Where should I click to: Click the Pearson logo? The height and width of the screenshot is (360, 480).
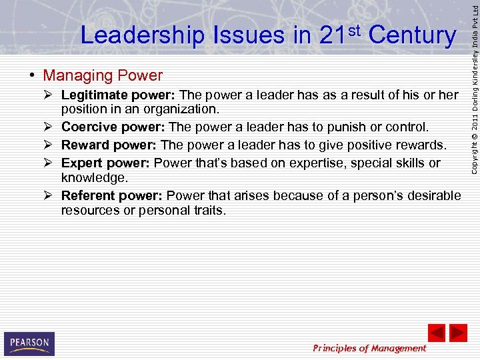click(x=29, y=343)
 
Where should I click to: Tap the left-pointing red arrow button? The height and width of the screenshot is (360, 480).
click(x=436, y=333)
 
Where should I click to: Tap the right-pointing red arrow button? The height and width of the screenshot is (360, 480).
click(x=458, y=333)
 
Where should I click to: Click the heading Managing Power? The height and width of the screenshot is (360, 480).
click(x=103, y=75)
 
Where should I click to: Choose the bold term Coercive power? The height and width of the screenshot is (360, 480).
click(x=113, y=127)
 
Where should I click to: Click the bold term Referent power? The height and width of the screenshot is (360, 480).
click(x=112, y=195)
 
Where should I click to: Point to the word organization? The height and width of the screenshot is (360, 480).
click(x=186, y=109)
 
